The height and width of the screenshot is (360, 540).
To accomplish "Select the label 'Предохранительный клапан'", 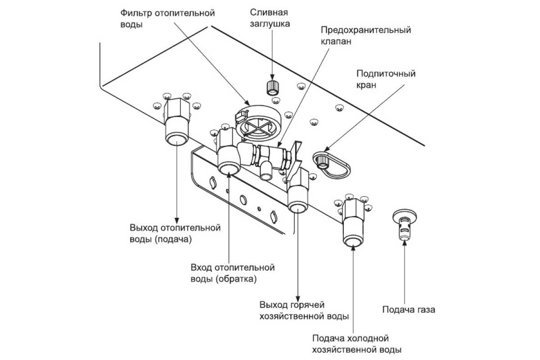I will tap(365, 36).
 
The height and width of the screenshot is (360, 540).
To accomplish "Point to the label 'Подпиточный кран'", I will tap(386, 79).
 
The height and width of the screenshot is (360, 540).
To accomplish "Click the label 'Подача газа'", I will tap(409, 310).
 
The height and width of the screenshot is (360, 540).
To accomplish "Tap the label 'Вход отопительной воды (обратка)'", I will tap(233, 273).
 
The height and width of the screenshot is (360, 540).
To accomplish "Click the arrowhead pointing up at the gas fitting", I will tap(405, 242).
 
